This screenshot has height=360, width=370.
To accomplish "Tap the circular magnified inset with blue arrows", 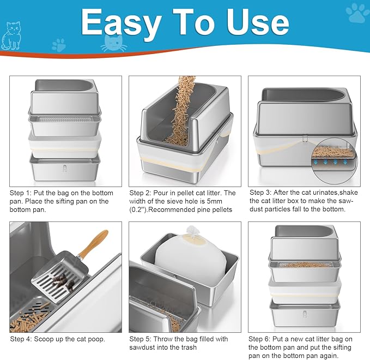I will pyautogui.click(x=333, y=164).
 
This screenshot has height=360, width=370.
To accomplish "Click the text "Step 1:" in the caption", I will pyautogui.click(x=22, y=193).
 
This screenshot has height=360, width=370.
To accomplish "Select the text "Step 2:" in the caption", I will pyautogui.click(x=142, y=193).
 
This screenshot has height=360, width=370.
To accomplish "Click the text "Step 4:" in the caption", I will pyautogui.click(x=22, y=339).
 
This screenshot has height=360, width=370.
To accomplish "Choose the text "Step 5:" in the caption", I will pyautogui.click(x=142, y=339).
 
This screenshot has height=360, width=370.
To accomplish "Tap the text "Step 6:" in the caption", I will pyautogui.click(x=261, y=339).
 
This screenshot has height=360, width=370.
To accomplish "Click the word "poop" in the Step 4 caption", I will pyautogui.click(x=93, y=339).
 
